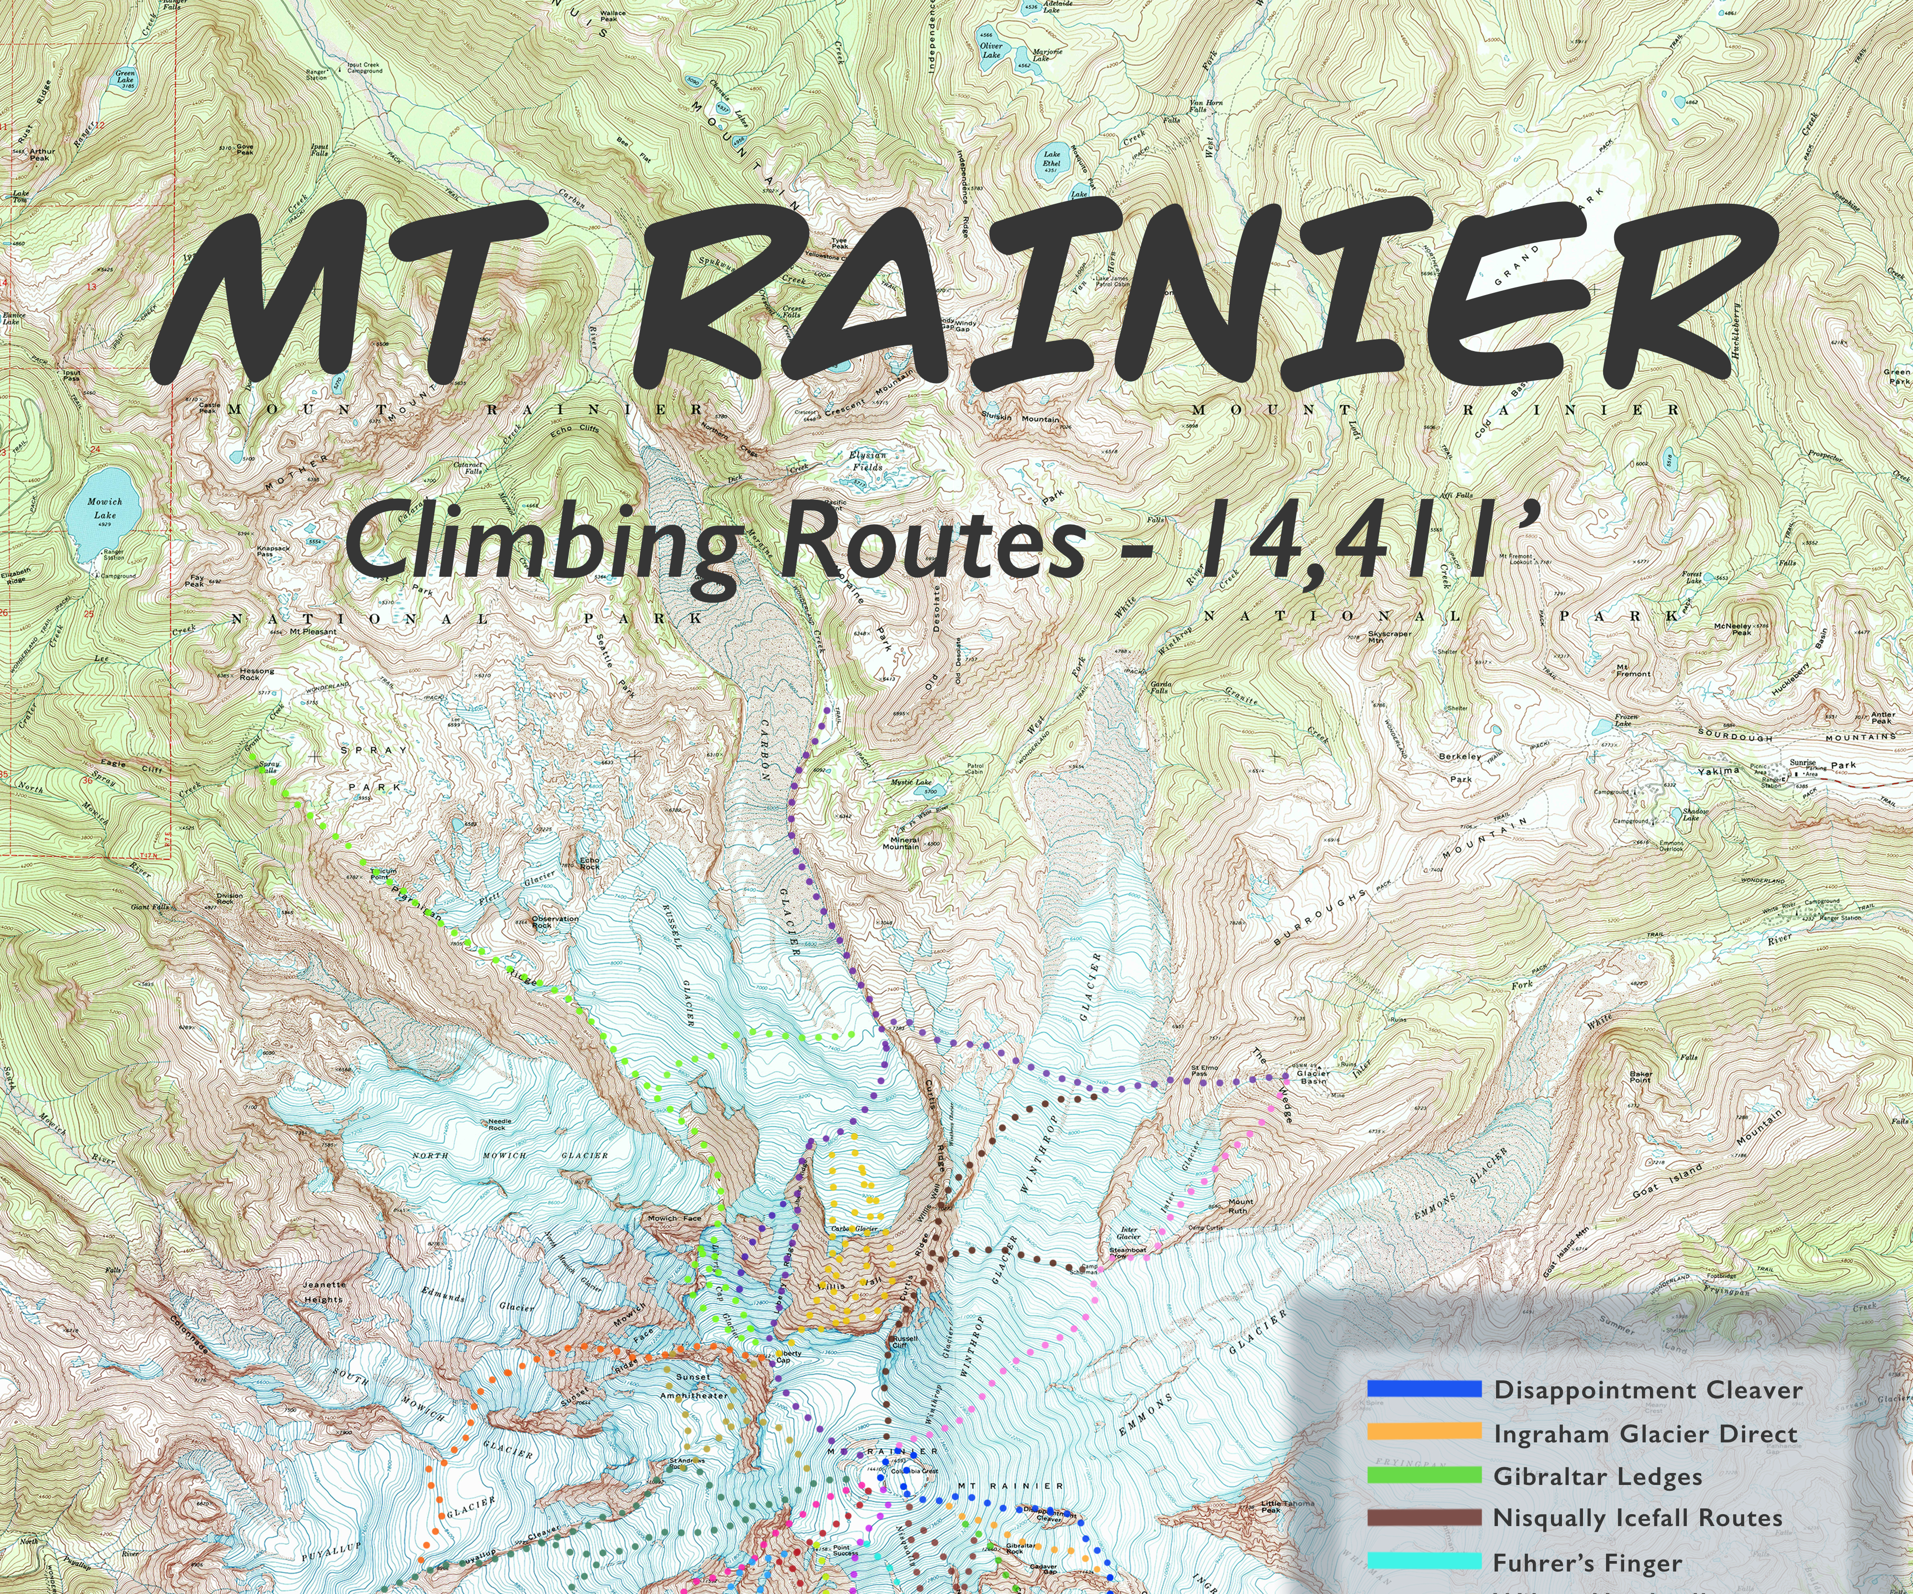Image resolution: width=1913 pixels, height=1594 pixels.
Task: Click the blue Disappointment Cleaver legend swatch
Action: (x=1424, y=1390)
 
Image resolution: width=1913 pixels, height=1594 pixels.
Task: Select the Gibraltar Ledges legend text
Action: (x=1597, y=1476)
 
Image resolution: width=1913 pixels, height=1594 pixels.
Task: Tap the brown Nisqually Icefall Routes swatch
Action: (x=1424, y=1518)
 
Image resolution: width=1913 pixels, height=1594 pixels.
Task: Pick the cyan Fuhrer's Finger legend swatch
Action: (x=1424, y=1561)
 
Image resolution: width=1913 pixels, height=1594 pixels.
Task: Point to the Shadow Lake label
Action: (x=1695, y=813)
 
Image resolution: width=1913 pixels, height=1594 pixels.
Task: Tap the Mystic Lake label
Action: (x=911, y=781)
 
